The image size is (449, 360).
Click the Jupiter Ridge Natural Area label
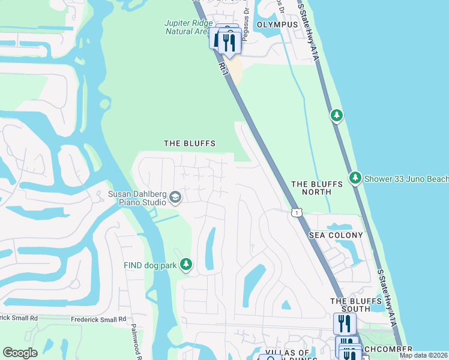pyautogui.click(x=187, y=27)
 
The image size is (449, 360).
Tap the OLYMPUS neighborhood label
pyautogui.click(x=277, y=25)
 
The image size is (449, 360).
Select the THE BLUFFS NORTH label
pyautogui.click(x=311, y=188)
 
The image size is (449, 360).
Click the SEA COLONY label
pyautogui.click(x=336, y=235)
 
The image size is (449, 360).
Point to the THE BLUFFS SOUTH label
pyautogui.click(x=349, y=305)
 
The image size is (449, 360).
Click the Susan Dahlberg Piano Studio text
pyautogui.click(x=137, y=198)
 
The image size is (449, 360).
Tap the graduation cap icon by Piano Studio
pyautogui.click(x=175, y=197)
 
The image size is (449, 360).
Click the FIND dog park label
pyautogui.click(x=149, y=265)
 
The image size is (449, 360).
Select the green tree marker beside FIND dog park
pyautogui.click(x=186, y=265)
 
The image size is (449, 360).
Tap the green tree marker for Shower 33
pyautogui.click(x=355, y=178)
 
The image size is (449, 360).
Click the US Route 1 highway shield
pyautogui.click(x=296, y=212)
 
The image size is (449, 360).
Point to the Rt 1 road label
pyautogui.click(x=224, y=68)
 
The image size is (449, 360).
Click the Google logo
pyautogui.click(x=20, y=353)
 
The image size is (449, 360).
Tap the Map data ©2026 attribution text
pyautogui.click(x=423, y=355)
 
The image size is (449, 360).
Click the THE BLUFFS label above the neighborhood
pyautogui.click(x=190, y=143)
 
